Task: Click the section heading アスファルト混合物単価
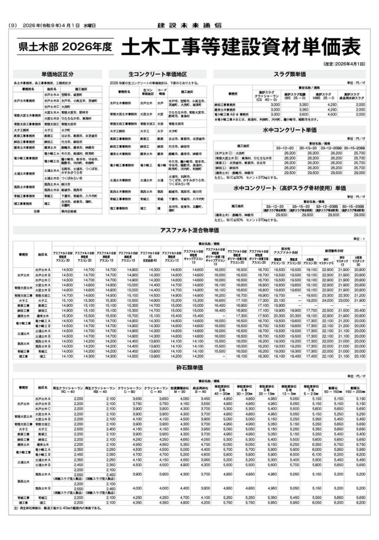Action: (188, 230)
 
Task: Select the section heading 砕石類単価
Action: (188, 367)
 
